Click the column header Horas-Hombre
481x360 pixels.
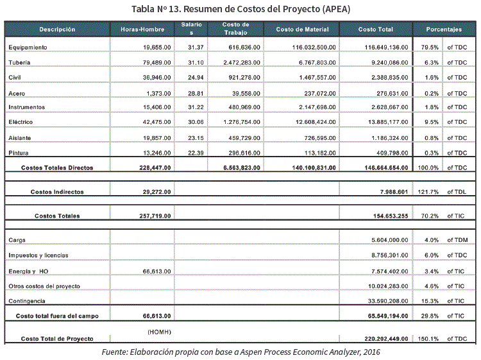click(x=142, y=30)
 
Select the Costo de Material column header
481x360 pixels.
click(x=302, y=30)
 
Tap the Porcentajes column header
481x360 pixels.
click(x=444, y=30)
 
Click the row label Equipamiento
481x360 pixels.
click(x=28, y=47)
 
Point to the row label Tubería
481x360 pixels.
click(x=20, y=62)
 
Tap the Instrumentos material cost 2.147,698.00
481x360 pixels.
click(x=310, y=107)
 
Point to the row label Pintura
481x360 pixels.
click(x=19, y=153)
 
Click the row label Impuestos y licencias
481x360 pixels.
click(x=38, y=255)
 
